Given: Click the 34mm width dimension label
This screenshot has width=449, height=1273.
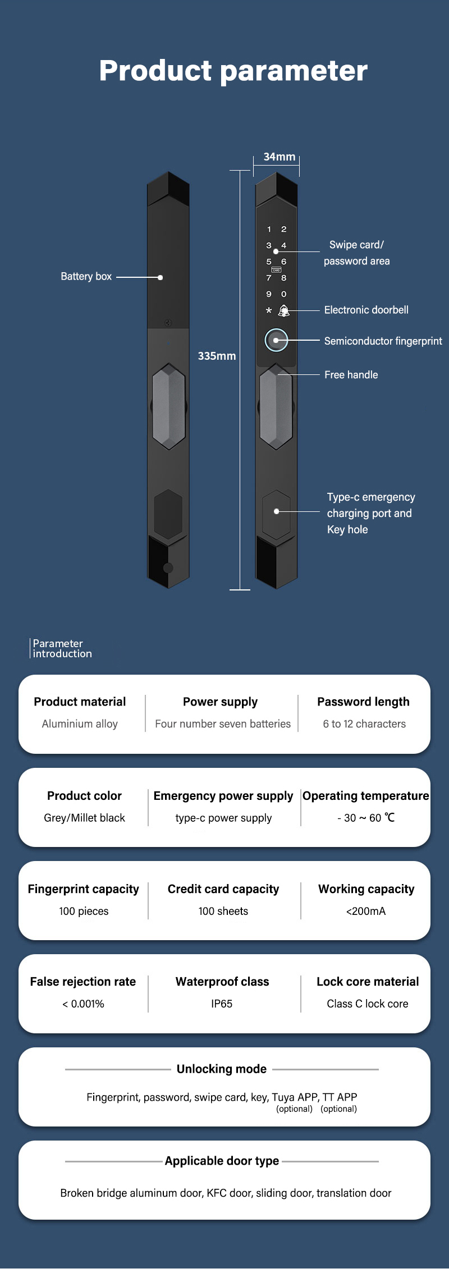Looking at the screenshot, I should [x=279, y=157].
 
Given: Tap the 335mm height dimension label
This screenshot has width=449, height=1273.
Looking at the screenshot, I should [x=217, y=356].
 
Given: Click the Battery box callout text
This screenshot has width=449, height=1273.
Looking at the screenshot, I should [x=86, y=276].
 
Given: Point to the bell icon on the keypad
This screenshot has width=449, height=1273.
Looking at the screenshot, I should [x=284, y=310].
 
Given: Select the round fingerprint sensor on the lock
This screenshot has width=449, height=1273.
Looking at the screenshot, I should [x=276, y=340].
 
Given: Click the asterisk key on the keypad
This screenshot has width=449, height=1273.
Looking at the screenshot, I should [x=269, y=310].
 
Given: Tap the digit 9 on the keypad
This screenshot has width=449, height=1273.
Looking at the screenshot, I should [x=269, y=294].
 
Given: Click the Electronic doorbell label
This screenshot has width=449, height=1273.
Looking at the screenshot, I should [x=366, y=310].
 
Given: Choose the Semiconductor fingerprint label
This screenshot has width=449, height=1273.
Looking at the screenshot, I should [x=383, y=341].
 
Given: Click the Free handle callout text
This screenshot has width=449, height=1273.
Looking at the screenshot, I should [x=351, y=374].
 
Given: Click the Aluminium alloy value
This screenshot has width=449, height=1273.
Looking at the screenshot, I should [x=80, y=723].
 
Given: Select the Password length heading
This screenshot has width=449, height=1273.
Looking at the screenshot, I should [x=363, y=702].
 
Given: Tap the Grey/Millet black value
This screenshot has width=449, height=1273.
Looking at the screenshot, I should [x=84, y=818].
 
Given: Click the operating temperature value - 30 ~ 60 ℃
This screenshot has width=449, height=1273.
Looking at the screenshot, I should [x=366, y=818].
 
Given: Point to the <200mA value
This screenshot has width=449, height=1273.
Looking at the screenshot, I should [x=366, y=911].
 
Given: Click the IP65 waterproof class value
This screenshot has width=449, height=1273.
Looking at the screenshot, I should [x=222, y=1004].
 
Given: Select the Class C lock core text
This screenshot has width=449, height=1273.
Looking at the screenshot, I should [x=368, y=1004].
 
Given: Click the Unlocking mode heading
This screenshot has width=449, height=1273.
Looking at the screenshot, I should [x=222, y=1069].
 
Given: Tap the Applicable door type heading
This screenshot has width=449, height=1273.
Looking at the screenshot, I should [x=222, y=1161].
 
